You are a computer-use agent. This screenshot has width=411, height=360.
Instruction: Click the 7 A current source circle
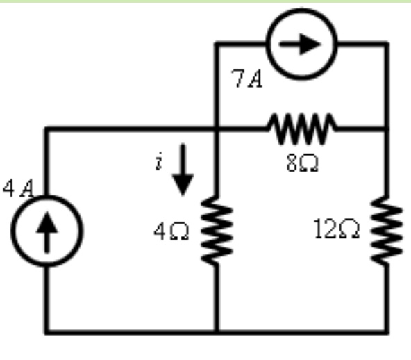303,44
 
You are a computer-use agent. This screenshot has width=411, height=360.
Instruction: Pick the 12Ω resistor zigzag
386,230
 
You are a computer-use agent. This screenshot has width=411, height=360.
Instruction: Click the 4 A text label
17,188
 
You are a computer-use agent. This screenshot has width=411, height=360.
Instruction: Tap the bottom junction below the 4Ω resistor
217,330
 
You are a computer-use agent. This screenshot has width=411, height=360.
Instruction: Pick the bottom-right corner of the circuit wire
386,330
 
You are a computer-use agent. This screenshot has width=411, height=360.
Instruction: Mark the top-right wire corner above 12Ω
386,44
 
